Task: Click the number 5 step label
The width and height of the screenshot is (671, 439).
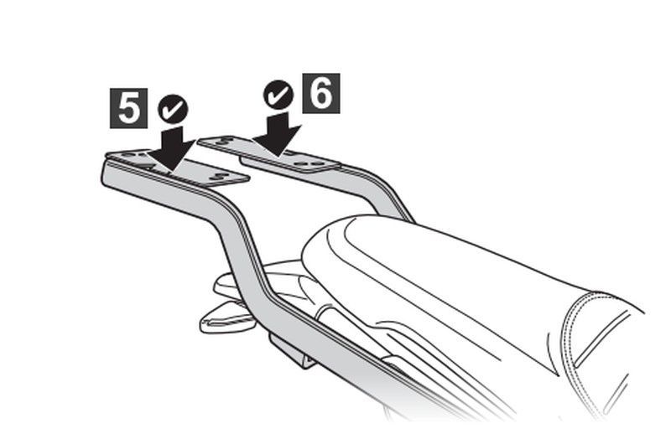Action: pyautogui.click(x=128, y=109)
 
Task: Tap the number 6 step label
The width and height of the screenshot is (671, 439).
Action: pyautogui.click(x=321, y=93)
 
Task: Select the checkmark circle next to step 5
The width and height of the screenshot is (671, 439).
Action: pyautogui.click(x=173, y=109)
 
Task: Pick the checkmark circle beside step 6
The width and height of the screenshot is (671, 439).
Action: pyautogui.click(x=278, y=95)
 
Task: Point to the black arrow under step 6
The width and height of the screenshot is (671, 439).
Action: pyautogui.click(x=278, y=135)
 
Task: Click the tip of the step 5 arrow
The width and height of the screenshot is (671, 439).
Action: pyautogui.click(x=170, y=171)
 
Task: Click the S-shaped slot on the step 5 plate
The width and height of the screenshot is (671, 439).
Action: pyautogui.click(x=221, y=176)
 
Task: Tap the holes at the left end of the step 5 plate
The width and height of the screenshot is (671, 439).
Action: pyautogui.click(x=133, y=153)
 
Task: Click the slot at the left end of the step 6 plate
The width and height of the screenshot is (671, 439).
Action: pyautogui.click(x=224, y=140)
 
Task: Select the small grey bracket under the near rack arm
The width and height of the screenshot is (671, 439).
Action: pyautogui.click(x=292, y=351)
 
